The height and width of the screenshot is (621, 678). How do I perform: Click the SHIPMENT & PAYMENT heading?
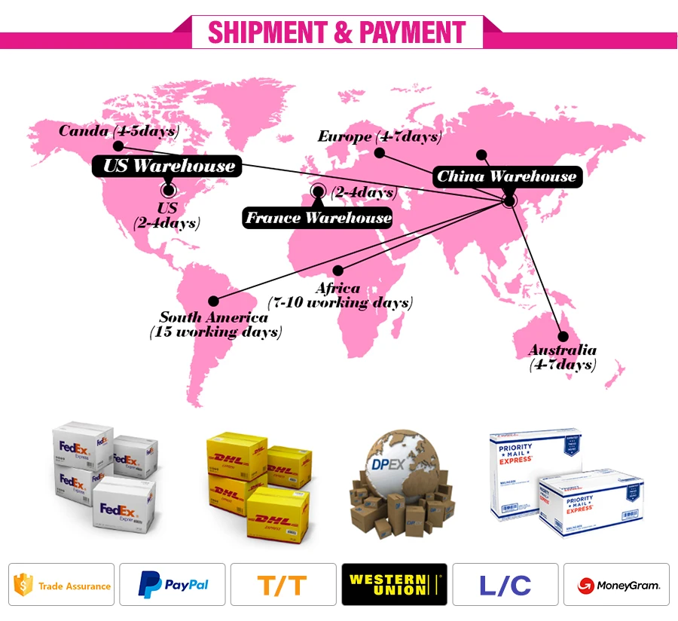point(337,32)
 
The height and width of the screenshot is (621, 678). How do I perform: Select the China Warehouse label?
point(507,177)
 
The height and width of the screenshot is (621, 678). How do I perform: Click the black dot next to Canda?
point(119,145)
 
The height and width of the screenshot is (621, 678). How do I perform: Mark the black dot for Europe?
point(380,153)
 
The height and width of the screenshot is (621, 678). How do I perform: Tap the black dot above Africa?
point(338,270)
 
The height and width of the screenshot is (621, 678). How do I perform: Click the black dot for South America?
point(212,301)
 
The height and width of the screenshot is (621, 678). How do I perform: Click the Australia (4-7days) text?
point(562,357)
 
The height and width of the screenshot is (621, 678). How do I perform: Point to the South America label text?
point(214,317)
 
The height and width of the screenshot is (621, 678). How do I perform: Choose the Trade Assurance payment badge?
point(62,585)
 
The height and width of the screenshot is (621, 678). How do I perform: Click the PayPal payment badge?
point(173,585)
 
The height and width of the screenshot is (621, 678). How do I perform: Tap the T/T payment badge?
point(283,585)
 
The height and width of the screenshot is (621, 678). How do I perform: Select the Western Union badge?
point(394,585)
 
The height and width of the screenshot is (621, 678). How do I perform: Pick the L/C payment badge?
point(505,585)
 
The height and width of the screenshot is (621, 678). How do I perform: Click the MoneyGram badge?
point(616,585)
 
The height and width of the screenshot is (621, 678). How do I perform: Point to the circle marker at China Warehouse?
point(509,200)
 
